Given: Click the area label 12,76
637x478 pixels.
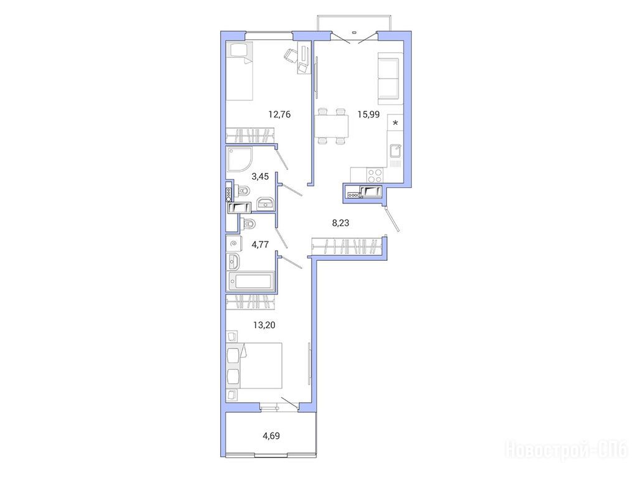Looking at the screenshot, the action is (279, 115).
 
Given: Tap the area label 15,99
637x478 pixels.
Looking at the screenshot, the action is (368, 115).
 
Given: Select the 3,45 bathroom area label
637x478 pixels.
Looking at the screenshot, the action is (260, 176).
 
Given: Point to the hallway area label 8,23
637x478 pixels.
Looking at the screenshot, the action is (340, 223).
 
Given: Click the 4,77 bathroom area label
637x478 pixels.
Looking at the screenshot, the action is (260, 244).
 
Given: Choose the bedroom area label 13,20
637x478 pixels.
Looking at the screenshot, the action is (264, 325).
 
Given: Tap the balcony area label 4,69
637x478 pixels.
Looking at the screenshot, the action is (271, 436).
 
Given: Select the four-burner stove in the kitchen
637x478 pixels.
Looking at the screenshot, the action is (374, 175).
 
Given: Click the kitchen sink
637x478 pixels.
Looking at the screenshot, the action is (395, 151).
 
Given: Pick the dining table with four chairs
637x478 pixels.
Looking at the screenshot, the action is (332, 126).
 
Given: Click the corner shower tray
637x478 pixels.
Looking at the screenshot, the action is (239, 159).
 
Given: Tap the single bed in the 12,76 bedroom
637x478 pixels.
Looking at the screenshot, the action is (239, 71).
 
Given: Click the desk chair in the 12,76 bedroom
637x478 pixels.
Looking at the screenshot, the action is (291, 55).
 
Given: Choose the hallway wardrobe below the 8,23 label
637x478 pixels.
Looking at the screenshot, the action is (348, 246).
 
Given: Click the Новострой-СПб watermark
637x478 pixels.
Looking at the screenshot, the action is (566, 450).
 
